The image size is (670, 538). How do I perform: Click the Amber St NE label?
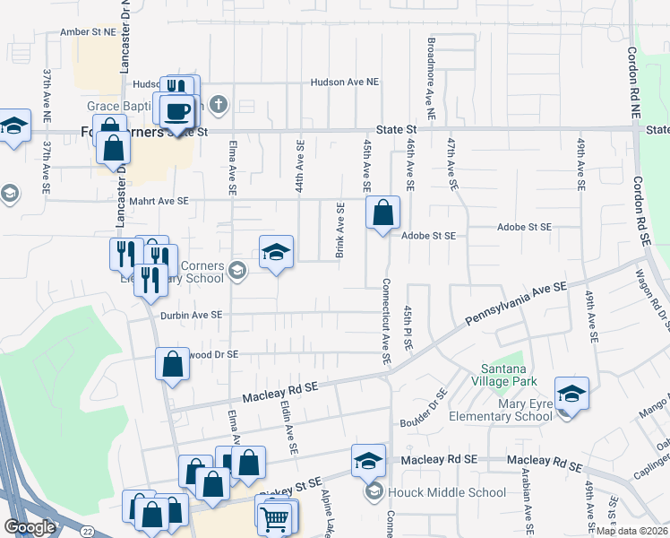tap(88, 31)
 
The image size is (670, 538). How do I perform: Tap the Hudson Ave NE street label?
tap(345, 82)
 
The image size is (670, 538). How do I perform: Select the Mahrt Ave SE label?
tap(162, 202)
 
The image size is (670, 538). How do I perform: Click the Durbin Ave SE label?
tap(191, 315)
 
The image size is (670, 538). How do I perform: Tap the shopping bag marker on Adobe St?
tap(382, 213)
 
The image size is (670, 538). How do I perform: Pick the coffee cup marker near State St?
tap(176, 111)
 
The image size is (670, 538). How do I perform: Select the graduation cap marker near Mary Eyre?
tap(571, 394)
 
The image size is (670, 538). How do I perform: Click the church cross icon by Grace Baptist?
tap(220, 105)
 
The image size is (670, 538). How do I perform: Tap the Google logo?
tap(30, 527)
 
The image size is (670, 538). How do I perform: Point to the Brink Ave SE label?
tap(340, 231)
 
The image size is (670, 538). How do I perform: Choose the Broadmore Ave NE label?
tap(431, 78)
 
